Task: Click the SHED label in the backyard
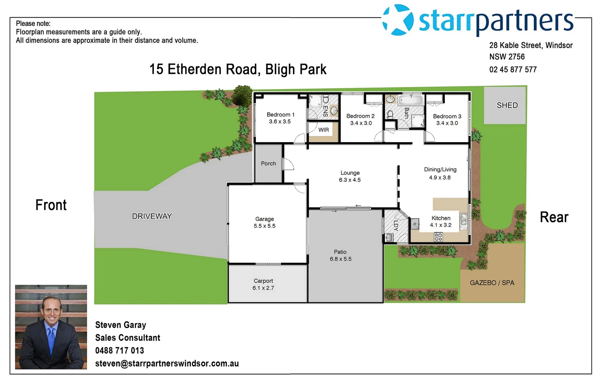pyautogui.click(x=507, y=105)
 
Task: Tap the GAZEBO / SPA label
pyautogui.click(x=492, y=283)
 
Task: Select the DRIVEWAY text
pyautogui.click(x=152, y=216)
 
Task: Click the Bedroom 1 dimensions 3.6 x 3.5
pyautogui.click(x=280, y=122)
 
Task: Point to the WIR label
pyautogui.click(x=323, y=130)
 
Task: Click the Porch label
pyautogui.click(x=268, y=163)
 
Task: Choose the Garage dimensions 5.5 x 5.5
pyautogui.click(x=264, y=226)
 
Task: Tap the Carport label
pyautogui.click(x=263, y=281)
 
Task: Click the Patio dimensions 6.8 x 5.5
pyautogui.click(x=340, y=259)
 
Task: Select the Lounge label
pyautogui.click(x=350, y=173)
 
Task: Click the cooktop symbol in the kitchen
pyautogui.click(x=438, y=237)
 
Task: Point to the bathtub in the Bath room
pyautogui.click(x=411, y=100)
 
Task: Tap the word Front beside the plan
pyautogui.click(x=51, y=205)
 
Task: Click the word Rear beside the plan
pyautogui.click(x=554, y=217)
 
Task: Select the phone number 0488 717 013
pyautogui.click(x=119, y=350)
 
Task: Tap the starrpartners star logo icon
pyautogui.click(x=398, y=20)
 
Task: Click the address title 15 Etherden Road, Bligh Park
pyautogui.click(x=238, y=69)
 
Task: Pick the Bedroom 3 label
pyautogui.click(x=447, y=116)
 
